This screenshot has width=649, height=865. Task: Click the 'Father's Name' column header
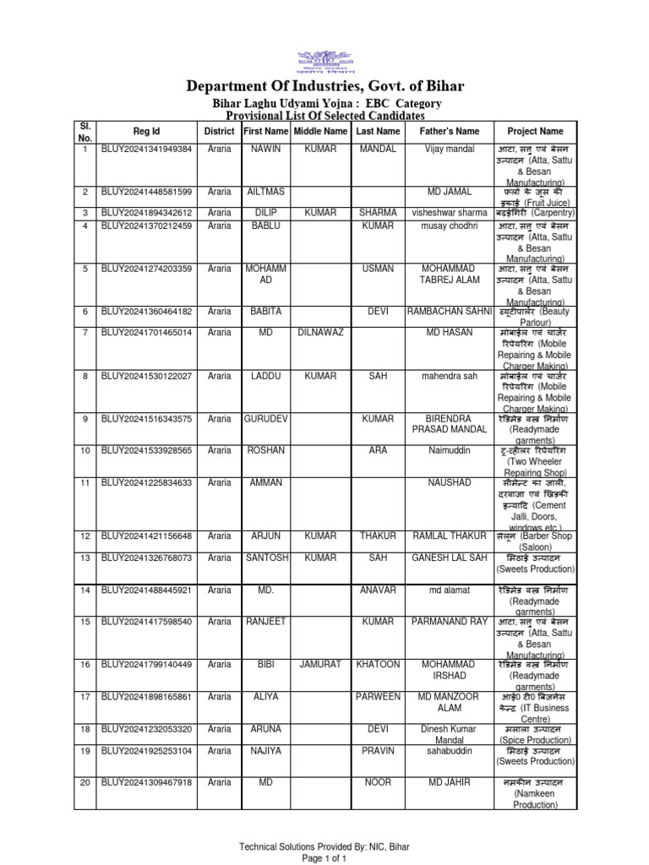pyautogui.click(x=449, y=132)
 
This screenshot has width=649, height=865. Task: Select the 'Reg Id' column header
pyautogui.click(x=146, y=132)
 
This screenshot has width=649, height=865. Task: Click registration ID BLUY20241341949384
pyautogui.click(x=146, y=150)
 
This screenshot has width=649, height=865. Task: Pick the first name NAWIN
pyautogui.click(x=265, y=150)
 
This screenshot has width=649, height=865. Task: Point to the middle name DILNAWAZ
pyautogui.click(x=320, y=333)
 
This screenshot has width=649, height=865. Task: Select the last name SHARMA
pyautogui.click(x=377, y=213)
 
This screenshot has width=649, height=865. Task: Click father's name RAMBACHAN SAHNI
pyautogui.click(x=449, y=312)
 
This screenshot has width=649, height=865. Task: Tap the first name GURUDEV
pyautogui.click(x=265, y=418)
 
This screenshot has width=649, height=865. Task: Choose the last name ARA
pyautogui.click(x=377, y=450)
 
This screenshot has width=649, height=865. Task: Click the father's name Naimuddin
pyautogui.click(x=449, y=450)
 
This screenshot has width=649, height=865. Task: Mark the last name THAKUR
pyautogui.click(x=377, y=536)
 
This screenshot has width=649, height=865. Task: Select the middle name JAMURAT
pyautogui.click(x=320, y=665)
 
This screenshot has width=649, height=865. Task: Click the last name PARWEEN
pyautogui.click(x=377, y=697)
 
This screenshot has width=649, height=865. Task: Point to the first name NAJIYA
pyautogui.click(x=265, y=750)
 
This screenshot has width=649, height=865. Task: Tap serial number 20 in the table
pyautogui.click(x=85, y=782)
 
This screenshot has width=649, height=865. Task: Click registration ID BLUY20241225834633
pyautogui.click(x=146, y=482)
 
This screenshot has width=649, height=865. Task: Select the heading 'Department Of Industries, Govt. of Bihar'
pyautogui.click(x=324, y=87)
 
